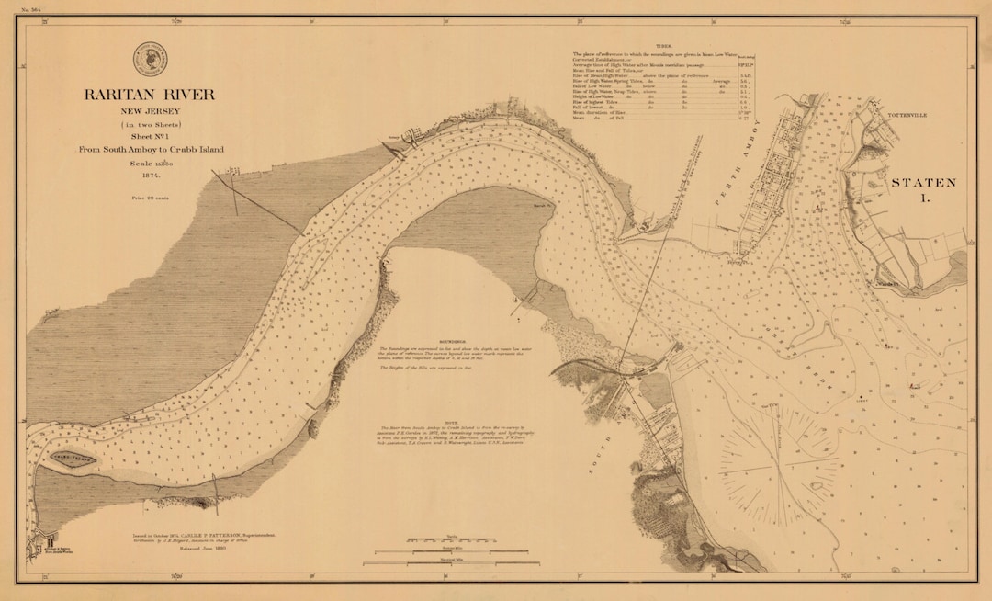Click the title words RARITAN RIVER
coord(150,95)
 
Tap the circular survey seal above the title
coord(150,59)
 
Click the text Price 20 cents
coord(150,198)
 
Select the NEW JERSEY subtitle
coord(150,111)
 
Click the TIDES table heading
coord(664,44)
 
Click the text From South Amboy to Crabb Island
coord(150,148)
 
